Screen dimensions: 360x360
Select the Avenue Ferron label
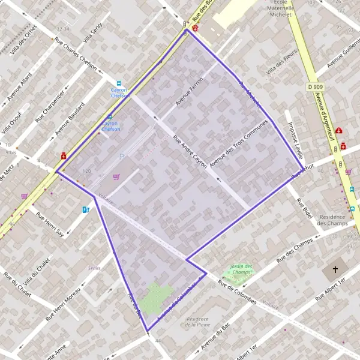point(190,92)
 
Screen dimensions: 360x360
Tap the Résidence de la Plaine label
point(197,322)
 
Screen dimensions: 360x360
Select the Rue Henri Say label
point(50,223)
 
